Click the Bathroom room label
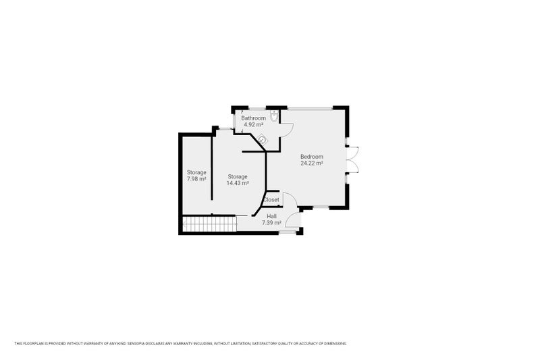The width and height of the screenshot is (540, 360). pyautogui.click(x=254, y=118)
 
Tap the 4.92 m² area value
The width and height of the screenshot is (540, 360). pyautogui.click(x=254, y=125)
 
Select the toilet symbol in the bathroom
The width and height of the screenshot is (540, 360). pyautogui.click(x=273, y=117)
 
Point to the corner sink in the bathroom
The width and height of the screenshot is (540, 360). pyautogui.click(x=263, y=139)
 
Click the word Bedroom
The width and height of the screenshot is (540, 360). pyautogui.click(x=312, y=157)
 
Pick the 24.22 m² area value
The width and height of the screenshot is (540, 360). pyautogui.click(x=312, y=163)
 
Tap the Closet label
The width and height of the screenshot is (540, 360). pyautogui.click(x=271, y=200)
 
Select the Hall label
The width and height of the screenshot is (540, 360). pyautogui.click(x=271, y=216)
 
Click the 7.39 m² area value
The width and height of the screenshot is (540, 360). pyautogui.click(x=271, y=222)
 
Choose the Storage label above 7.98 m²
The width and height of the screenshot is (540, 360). pyautogui.click(x=196, y=172)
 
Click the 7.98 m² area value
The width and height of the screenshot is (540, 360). pyautogui.click(x=196, y=179)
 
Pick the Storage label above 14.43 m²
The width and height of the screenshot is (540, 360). pyautogui.click(x=238, y=176)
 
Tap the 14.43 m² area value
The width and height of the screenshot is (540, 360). pyautogui.click(x=238, y=183)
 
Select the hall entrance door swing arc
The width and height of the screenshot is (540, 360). pyautogui.click(x=292, y=220)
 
